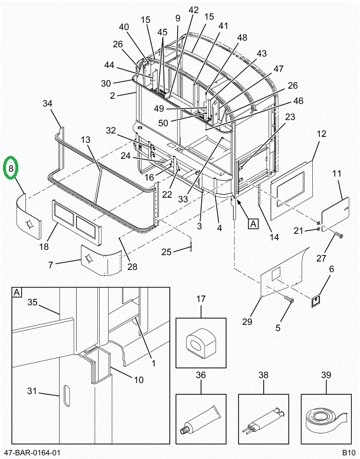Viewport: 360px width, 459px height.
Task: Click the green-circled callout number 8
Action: tap(12, 170)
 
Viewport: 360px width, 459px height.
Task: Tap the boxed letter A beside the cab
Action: tap(253, 223)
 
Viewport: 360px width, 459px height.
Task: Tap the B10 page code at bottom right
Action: tap(349, 453)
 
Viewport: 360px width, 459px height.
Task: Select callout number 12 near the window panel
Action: tap(321, 134)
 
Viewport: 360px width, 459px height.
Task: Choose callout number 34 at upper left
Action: tap(48, 104)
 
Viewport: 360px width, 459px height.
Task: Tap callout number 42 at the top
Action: tap(194, 10)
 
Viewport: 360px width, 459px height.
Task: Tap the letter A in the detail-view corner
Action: tap(17, 292)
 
